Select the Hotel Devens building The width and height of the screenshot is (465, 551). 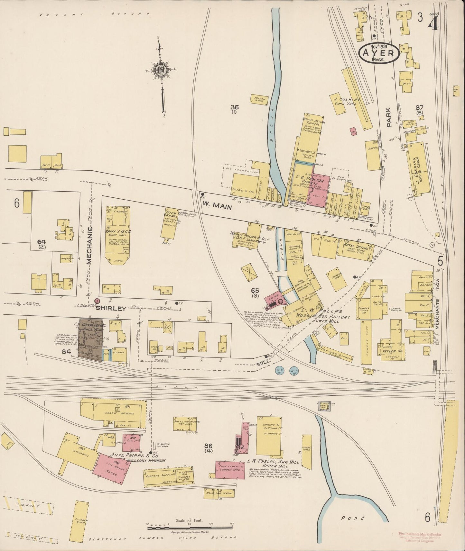point(352,247)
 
